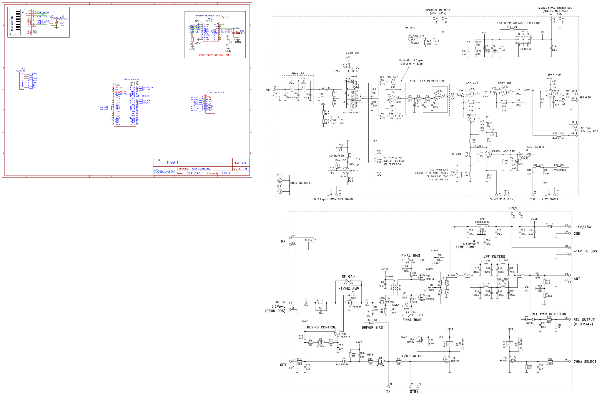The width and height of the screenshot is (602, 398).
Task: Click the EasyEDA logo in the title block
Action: click(x=164, y=172)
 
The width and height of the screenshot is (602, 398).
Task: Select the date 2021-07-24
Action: click(x=195, y=173)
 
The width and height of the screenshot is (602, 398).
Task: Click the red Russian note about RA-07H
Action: click(x=213, y=55)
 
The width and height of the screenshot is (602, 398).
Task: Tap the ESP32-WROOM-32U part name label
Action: click(x=133, y=80)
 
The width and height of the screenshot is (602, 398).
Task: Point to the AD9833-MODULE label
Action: click(x=215, y=92)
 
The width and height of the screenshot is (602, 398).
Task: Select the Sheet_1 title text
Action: click(x=172, y=163)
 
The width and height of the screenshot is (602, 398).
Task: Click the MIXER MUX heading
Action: click(x=353, y=53)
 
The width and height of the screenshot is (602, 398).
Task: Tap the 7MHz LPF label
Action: click(x=298, y=74)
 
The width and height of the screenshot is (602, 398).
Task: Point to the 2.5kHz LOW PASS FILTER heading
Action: click(x=427, y=81)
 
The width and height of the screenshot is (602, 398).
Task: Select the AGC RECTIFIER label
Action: click(x=536, y=147)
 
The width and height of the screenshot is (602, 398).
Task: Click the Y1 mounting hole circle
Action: click(x=279, y=175)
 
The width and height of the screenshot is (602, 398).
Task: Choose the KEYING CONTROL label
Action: click(x=321, y=327)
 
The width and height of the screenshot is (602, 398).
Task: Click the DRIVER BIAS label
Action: click(x=372, y=327)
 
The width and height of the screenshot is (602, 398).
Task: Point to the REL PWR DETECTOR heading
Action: click(x=549, y=314)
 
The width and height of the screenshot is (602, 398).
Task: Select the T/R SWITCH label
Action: click(x=412, y=356)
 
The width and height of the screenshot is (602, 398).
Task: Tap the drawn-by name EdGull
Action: click(x=225, y=173)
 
